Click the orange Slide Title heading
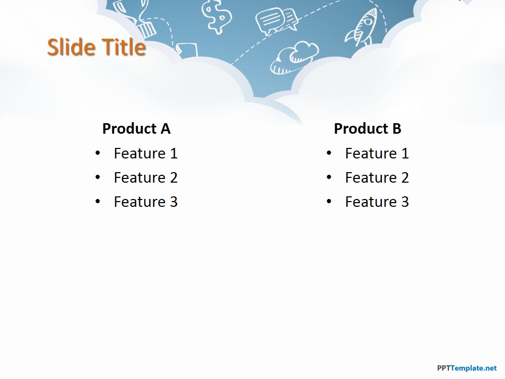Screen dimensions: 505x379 click(96, 47)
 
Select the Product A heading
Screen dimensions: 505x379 click(136, 128)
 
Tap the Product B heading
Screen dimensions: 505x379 click(368, 128)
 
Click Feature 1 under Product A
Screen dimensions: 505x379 click(146, 153)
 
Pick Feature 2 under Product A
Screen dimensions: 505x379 click(146, 177)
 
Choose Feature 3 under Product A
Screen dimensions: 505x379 click(146, 202)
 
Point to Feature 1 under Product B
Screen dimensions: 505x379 click(377, 153)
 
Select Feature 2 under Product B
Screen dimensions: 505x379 click(377, 177)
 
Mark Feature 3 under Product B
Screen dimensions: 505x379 click(377, 202)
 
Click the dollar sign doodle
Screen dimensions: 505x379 click(217, 16)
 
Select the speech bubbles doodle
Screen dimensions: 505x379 click(276, 21)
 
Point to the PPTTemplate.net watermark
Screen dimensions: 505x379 click(467, 368)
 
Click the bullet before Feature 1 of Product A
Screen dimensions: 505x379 click(98, 153)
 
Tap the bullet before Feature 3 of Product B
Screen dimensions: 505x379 click(329, 202)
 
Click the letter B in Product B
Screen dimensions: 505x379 click(397, 128)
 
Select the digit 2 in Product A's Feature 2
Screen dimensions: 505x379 click(174, 177)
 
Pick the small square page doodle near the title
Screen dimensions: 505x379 click(186, 51)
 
